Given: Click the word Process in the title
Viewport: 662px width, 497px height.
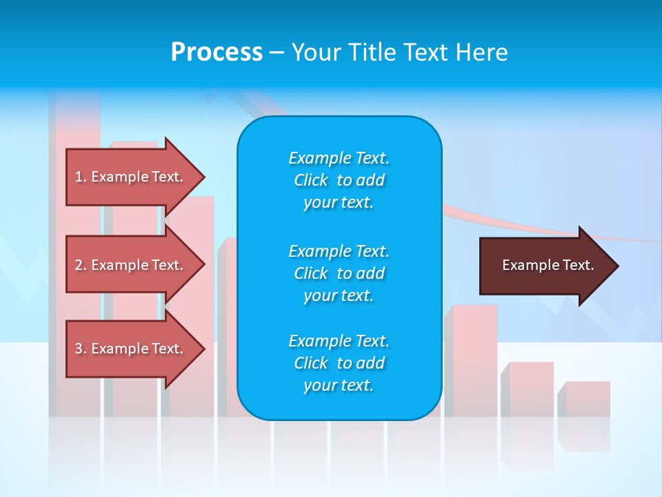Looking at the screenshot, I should pyautogui.click(x=217, y=52).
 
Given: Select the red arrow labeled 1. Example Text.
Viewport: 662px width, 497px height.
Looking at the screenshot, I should pyautogui.click(x=131, y=177).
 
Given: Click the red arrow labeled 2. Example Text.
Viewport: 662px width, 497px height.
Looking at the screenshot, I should pyautogui.click(x=131, y=265).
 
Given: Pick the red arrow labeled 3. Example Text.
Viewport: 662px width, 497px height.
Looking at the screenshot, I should pyautogui.click(x=131, y=349).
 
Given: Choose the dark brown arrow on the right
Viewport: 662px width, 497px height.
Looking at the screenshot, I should pyautogui.click(x=545, y=266).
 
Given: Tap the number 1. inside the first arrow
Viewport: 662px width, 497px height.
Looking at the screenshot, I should pyautogui.click(x=80, y=177).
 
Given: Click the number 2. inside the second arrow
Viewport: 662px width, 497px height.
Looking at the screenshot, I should pyautogui.click(x=80, y=265).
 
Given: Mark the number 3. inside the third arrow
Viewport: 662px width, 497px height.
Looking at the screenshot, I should pyautogui.click(x=80, y=349).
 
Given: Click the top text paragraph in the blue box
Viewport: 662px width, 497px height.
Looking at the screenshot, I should pyautogui.click(x=339, y=180).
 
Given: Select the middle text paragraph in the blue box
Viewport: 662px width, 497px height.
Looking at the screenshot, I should pyautogui.click(x=339, y=273).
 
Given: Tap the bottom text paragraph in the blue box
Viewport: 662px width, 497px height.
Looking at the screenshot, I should pyautogui.click(x=339, y=363).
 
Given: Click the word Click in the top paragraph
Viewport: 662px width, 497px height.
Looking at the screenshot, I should pyautogui.click(x=310, y=181).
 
